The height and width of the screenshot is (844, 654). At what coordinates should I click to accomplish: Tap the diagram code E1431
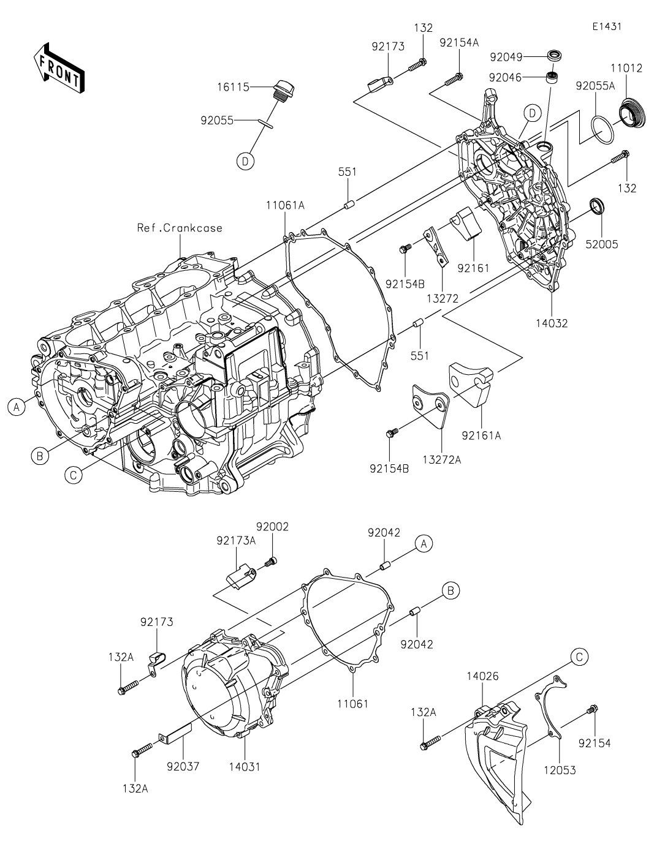[x=607, y=26]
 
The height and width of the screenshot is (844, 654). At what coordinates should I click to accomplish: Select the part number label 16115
[x=233, y=87]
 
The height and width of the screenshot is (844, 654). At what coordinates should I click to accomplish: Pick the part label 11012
[x=626, y=68]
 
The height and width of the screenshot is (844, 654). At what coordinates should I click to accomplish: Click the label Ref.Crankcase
[x=180, y=228]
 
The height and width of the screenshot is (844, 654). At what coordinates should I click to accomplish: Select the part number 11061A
[x=285, y=205]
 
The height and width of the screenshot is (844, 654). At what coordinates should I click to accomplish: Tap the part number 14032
[x=552, y=323]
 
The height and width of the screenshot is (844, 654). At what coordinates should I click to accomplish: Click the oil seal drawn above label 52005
[x=598, y=205]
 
